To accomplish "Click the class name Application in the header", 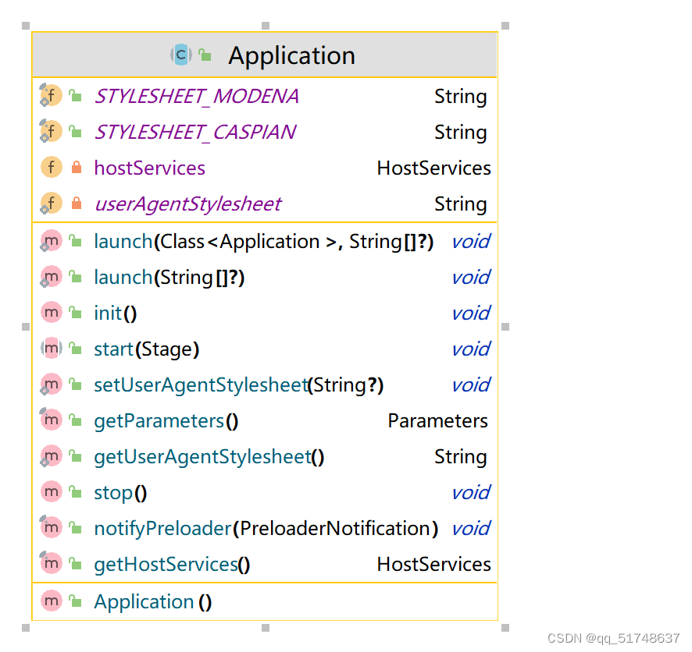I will pyautogui.click(x=291, y=55).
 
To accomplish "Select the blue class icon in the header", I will pyautogui.click(x=180, y=55).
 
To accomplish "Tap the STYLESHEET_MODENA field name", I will pyautogui.click(x=196, y=97).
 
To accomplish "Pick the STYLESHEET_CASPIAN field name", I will pyautogui.click(x=194, y=133).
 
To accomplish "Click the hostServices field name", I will pyautogui.click(x=149, y=168).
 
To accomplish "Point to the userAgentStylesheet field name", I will pyautogui.click(x=187, y=204).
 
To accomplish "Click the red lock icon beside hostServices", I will pyautogui.click(x=76, y=168).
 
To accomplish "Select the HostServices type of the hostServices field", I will pyautogui.click(x=433, y=168).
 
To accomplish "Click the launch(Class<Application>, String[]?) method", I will pyautogui.click(x=263, y=242).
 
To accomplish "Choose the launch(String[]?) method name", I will pyautogui.click(x=169, y=278).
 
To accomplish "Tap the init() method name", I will pyautogui.click(x=115, y=314).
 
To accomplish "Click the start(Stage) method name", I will pyautogui.click(x=146, y=349).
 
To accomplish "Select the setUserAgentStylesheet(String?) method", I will pyautogui.click(x=238, y=385).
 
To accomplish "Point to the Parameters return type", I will pyautogui.click(x=437, y=421).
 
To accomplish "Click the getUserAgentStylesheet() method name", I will pyautogui.click(x=209, y=457).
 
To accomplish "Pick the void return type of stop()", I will pyautogui.click(x=470, y=493).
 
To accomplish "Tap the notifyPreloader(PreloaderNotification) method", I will pyautogui.click(x=266, y=529).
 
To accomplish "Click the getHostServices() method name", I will pyautogui.click(x=172, y=565).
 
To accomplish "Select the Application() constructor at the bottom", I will pyautogui.click(x=152, y=602).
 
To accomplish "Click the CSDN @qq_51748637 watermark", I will pyautogui.click(x=613, y=638).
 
